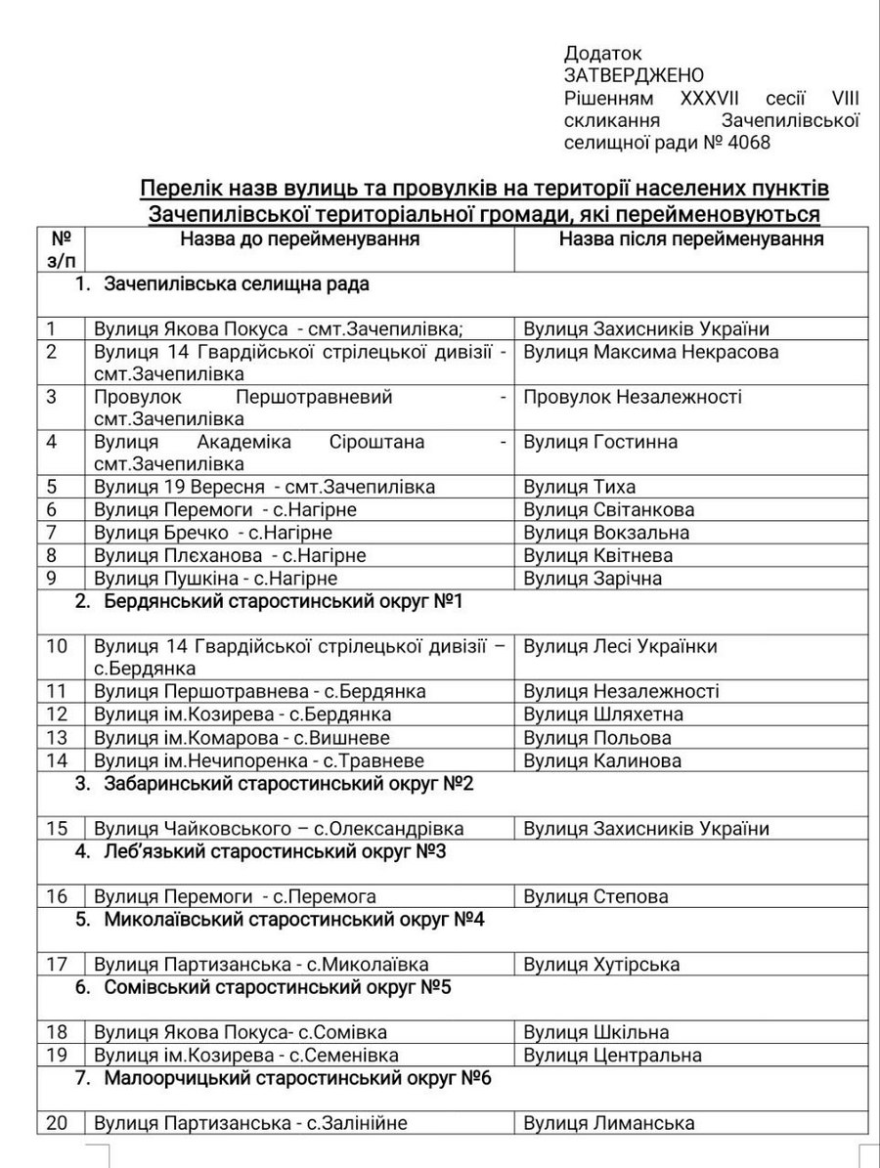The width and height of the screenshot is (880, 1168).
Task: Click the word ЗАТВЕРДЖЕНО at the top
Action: [634, 75]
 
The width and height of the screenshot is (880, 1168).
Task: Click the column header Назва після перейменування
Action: [691, 238]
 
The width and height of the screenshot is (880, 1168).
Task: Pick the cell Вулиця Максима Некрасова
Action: [651, 352]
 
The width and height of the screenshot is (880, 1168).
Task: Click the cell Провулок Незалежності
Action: [633, 397]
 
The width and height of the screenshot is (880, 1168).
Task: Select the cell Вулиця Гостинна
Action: [600, 442]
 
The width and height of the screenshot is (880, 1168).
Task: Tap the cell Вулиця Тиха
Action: [580, 487]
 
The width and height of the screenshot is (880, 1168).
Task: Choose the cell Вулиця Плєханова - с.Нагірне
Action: [230, 555]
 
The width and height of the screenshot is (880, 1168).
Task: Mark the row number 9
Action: [52, 578]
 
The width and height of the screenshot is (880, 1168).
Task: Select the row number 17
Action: [57, 965]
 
